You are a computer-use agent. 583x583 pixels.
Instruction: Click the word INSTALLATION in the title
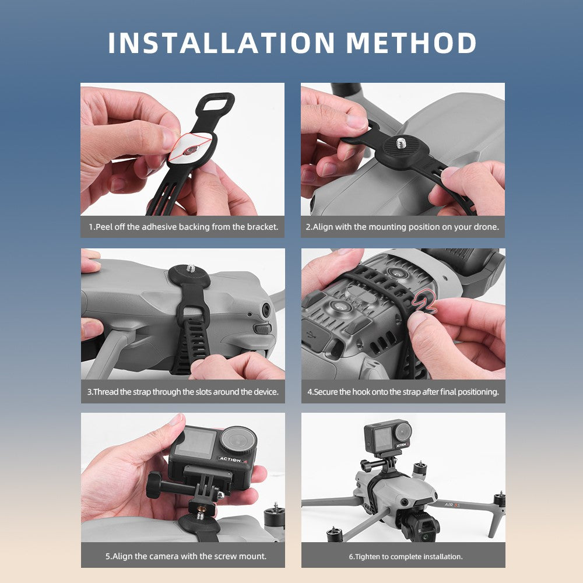pos(222,43)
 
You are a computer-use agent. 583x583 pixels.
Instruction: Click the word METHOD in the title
pos(411,43)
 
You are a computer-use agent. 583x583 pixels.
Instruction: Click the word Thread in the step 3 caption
pos(106,392)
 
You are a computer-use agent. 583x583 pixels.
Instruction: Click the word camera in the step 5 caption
pos(184,556)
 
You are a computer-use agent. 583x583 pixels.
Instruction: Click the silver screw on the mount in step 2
pos(401,143)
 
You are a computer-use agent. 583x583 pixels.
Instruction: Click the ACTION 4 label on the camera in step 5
pos(233,460)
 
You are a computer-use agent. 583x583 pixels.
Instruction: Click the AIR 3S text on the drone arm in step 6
pos(452,504)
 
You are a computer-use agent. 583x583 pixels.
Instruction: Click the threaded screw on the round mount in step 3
pos(191,268)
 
